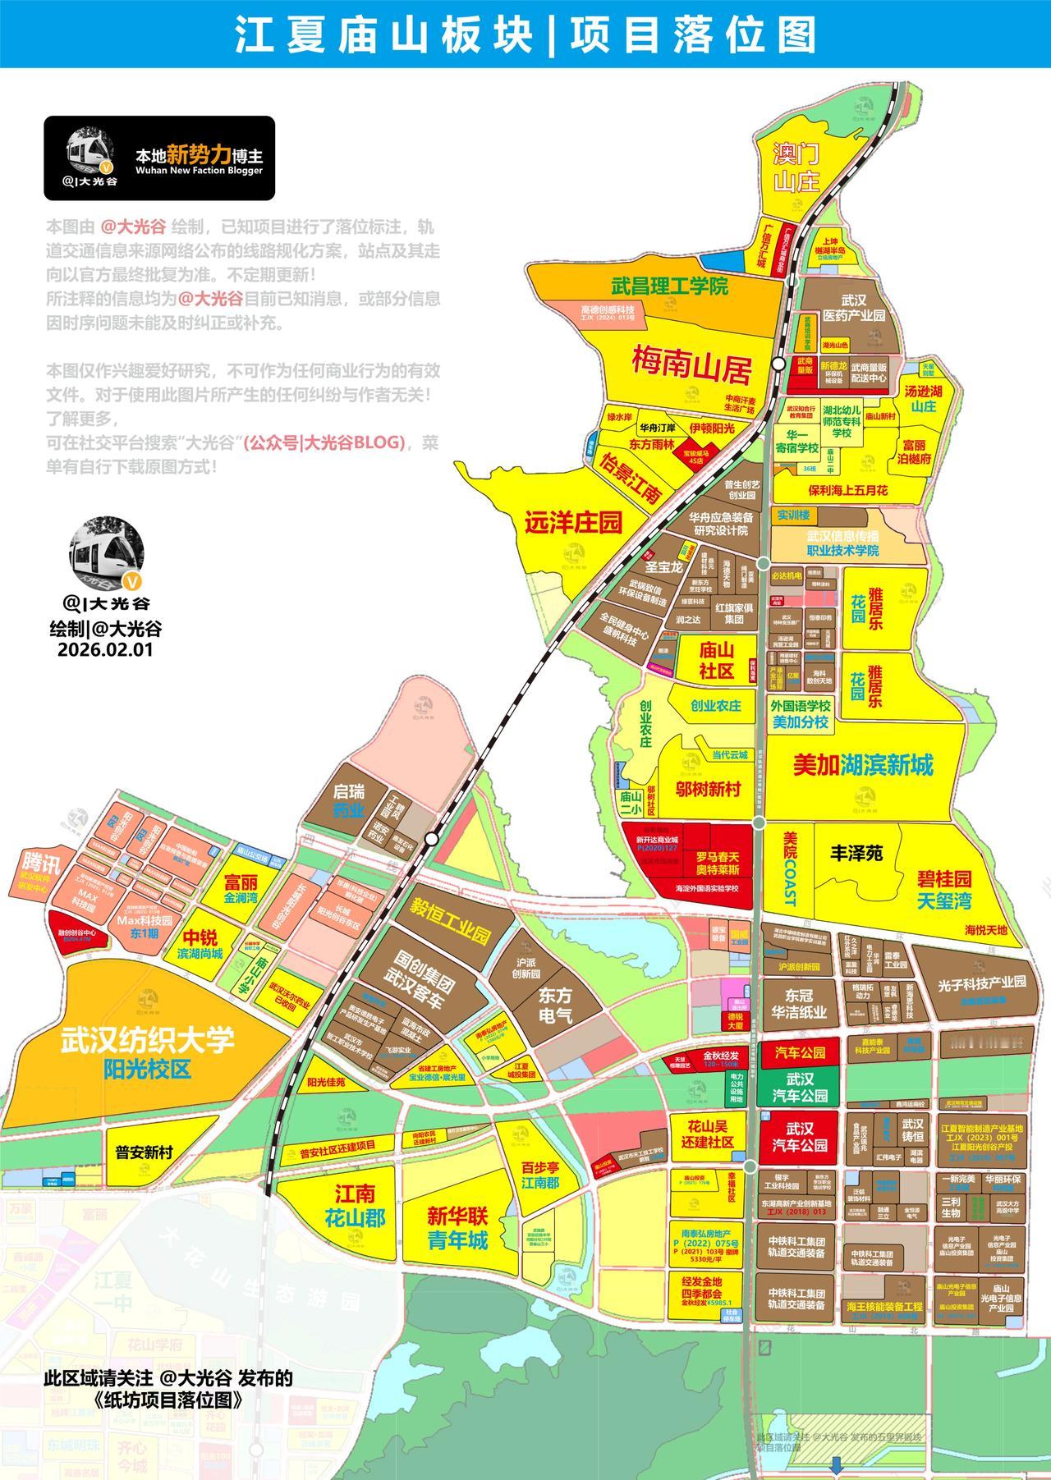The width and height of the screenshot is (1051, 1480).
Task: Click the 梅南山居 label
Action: coord(691,366)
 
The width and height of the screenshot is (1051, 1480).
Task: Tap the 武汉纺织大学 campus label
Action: coord(148,1041)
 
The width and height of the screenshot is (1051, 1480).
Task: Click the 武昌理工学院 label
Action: coord(669,286)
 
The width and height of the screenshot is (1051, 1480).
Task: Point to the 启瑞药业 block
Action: coord(348,801)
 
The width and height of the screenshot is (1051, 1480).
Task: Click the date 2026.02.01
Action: coord(105,648)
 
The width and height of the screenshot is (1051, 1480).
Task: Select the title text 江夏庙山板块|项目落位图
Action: coord(525,34)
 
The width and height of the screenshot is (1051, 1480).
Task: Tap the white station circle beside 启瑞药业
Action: coord(430,839)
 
